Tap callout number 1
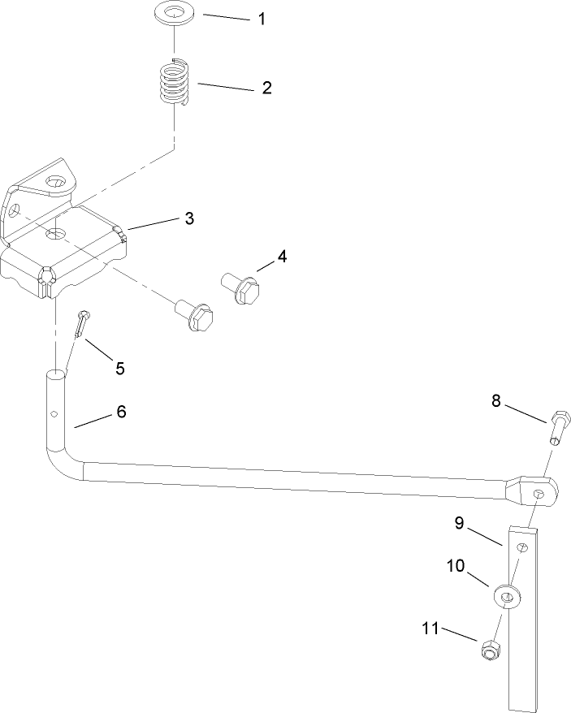tap(262, 19)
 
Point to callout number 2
tap(266, 88)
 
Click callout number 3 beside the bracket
tap(188, 218)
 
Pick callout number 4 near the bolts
tap(282, 257)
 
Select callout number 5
tap(119, 369)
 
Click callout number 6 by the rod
tap(121, 412)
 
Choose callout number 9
tap(459, 524)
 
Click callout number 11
tap(430, 628)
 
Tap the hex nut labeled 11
tap(490, 650)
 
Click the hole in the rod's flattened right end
tap(539, 492)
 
